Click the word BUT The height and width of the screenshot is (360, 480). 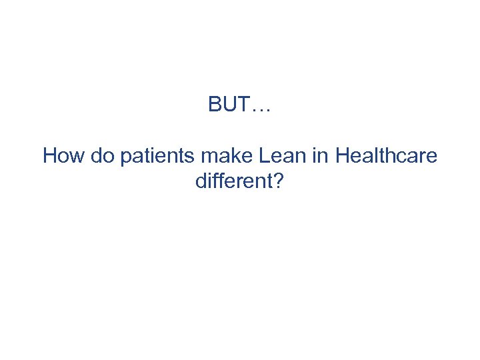pyautogui.click(x=230, y=105)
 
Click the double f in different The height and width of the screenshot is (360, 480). pyautogui.click(x=219, y=181)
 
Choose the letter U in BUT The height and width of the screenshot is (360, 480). pyautogui.click(x=229, y=105)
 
